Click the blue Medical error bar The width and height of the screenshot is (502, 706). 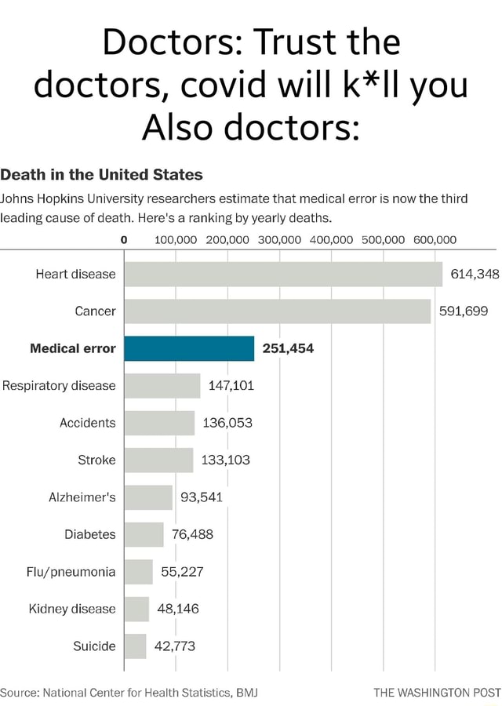189,348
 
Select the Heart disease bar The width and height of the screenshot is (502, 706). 283,275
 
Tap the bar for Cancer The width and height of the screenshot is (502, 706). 278,311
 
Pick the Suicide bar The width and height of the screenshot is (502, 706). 136,646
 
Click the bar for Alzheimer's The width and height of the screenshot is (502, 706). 148,497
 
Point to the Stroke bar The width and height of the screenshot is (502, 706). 159,460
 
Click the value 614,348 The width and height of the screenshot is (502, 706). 475,275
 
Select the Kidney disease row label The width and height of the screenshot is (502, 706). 73,609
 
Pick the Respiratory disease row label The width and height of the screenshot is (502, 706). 59,386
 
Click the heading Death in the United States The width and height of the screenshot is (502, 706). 101,174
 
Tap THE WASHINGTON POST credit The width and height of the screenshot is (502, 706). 437,693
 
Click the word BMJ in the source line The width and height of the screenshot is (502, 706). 246,693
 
